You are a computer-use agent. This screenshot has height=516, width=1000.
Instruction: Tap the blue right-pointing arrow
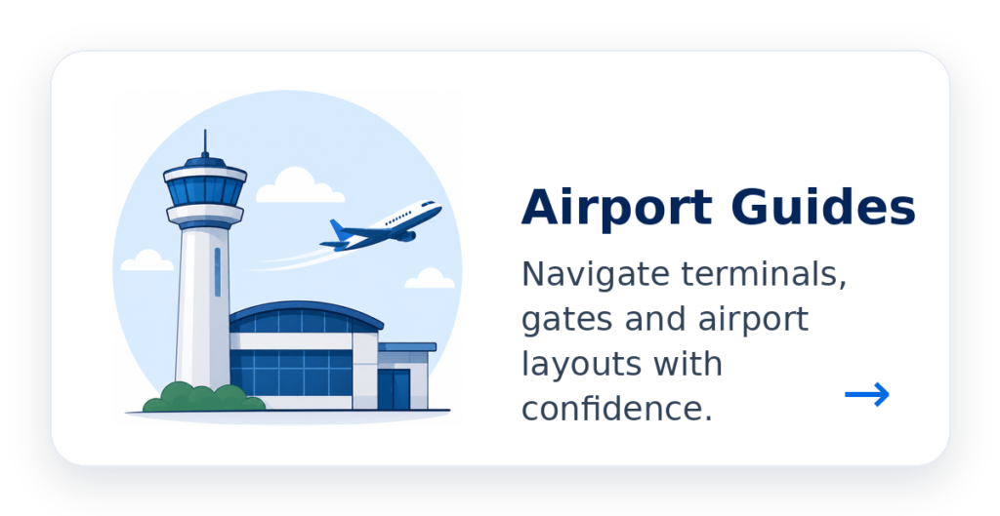click(867, 394)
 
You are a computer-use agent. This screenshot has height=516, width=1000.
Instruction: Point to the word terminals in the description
click(764, 274)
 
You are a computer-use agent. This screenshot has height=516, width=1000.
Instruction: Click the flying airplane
click(381, 226)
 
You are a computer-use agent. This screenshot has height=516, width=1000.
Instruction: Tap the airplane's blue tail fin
click(339, 229)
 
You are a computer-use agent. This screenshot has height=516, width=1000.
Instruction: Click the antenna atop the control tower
click(205, 142)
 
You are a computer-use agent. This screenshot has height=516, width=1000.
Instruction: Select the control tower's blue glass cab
click(205, 190)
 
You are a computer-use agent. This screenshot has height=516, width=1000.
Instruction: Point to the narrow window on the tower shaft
click(218, 272)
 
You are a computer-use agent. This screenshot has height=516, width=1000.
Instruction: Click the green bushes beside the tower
click(203, 398)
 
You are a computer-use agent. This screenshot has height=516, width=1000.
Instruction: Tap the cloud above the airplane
click(299, 185)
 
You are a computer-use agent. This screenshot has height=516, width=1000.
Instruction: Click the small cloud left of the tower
click(147, 260)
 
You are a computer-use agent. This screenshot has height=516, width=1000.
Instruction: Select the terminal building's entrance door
click(394, 389)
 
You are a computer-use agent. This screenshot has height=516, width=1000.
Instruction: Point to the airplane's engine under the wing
click(404, 237)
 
